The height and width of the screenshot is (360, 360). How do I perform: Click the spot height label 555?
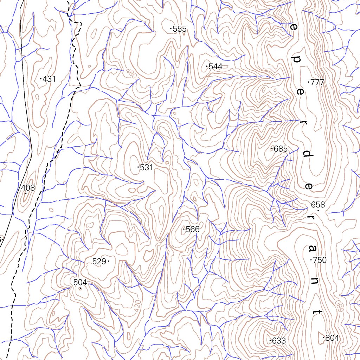click(179, 29)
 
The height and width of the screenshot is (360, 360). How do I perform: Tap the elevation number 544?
click(215, 67)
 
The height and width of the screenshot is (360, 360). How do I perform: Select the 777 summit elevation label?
click(317, 83)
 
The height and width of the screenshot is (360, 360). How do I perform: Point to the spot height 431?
click(49, 79)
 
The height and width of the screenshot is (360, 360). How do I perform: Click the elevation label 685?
click(281, 149)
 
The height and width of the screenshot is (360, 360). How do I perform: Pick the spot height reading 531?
click(146, 168)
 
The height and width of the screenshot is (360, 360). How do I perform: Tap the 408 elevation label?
click(28, 188)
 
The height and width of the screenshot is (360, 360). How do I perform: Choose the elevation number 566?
click(192, 230)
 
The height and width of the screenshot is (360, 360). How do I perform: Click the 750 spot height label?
click(320, 260)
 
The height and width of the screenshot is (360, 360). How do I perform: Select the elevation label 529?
click(99, 262)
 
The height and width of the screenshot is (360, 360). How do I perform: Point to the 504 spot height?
click(80, 282)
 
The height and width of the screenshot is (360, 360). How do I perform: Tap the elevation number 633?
click(278, 341)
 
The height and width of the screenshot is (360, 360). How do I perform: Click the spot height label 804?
click(332, 338)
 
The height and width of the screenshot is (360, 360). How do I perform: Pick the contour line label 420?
click(137, 306)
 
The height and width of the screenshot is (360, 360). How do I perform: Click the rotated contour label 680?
click(338, 302)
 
